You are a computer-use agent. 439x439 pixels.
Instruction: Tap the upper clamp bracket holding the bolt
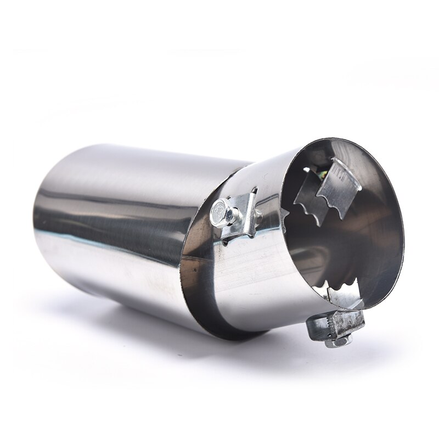pyautogui.click(x=245, y=211)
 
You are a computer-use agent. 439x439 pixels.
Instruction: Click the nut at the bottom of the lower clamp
pyautogui.click(x=335, y=341)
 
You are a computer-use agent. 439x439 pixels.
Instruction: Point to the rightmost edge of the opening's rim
pyautogui.click(x=403, y=241)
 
